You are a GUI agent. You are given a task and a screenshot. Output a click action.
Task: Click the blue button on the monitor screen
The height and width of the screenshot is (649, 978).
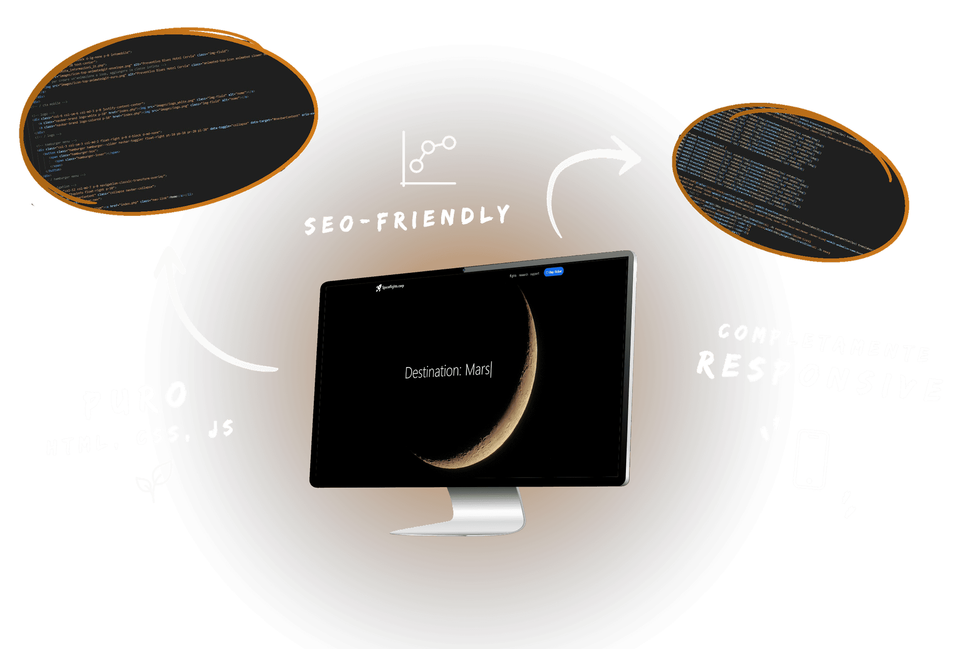pyautogui.click(x=554, y=272)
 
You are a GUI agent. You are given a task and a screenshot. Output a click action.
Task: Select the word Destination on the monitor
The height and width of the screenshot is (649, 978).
pyautogui.click(x=432, y=372)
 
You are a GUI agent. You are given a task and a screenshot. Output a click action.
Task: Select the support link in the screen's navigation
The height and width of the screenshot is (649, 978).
pyautogui.click(x=534, y=274)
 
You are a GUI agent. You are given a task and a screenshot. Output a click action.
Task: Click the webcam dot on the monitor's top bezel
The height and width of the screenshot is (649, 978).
pyautogui.click(x=464, y=270)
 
